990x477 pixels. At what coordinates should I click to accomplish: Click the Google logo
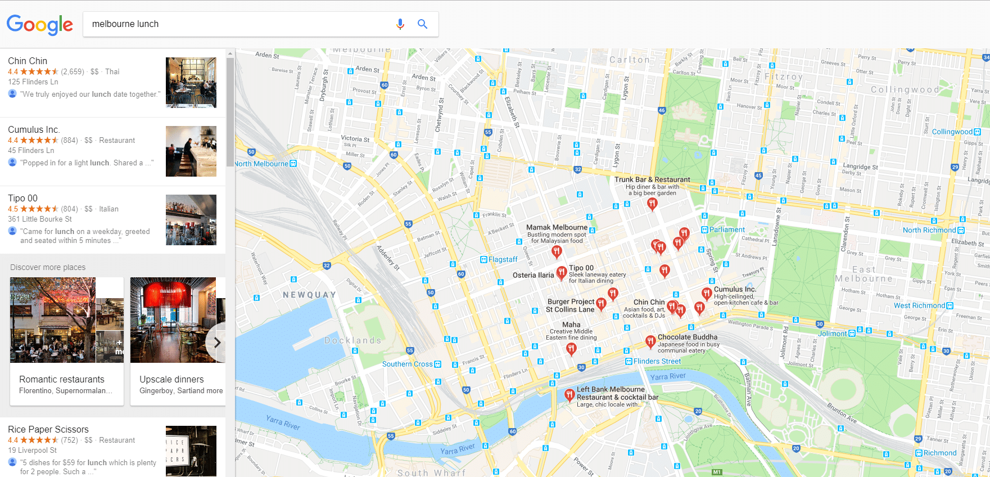click(39, 24)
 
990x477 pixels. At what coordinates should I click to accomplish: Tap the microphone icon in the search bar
click(400, 24)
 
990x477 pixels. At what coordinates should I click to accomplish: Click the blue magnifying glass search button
click(422, 24)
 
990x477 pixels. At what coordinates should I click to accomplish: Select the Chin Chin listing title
click(28, 61)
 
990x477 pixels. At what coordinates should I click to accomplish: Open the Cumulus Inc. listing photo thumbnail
click(191, 151)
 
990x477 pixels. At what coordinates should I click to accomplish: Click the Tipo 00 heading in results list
click(22, 198)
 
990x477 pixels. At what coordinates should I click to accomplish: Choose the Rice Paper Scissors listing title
click(48, 429)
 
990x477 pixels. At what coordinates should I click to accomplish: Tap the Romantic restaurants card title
click(62, 379)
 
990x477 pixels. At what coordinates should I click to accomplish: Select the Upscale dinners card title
click(171, 379)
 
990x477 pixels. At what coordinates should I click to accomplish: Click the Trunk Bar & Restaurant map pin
click(652, 204)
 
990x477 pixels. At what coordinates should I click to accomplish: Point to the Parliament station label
click(726, 229)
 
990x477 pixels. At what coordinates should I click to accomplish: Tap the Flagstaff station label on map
click(502, 259)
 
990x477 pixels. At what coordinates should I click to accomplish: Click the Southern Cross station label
click(408, 364)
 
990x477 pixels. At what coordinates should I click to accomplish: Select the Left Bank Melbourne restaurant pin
click(569, 394)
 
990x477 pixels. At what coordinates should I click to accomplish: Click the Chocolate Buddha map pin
click(650, 341)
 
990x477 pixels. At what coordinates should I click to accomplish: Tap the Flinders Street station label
click(657, 361)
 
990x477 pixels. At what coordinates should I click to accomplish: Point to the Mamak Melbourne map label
click(557, 227)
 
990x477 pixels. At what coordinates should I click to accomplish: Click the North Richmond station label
click(929, 230)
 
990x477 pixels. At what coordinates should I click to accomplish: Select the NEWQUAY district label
click(309, 295)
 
